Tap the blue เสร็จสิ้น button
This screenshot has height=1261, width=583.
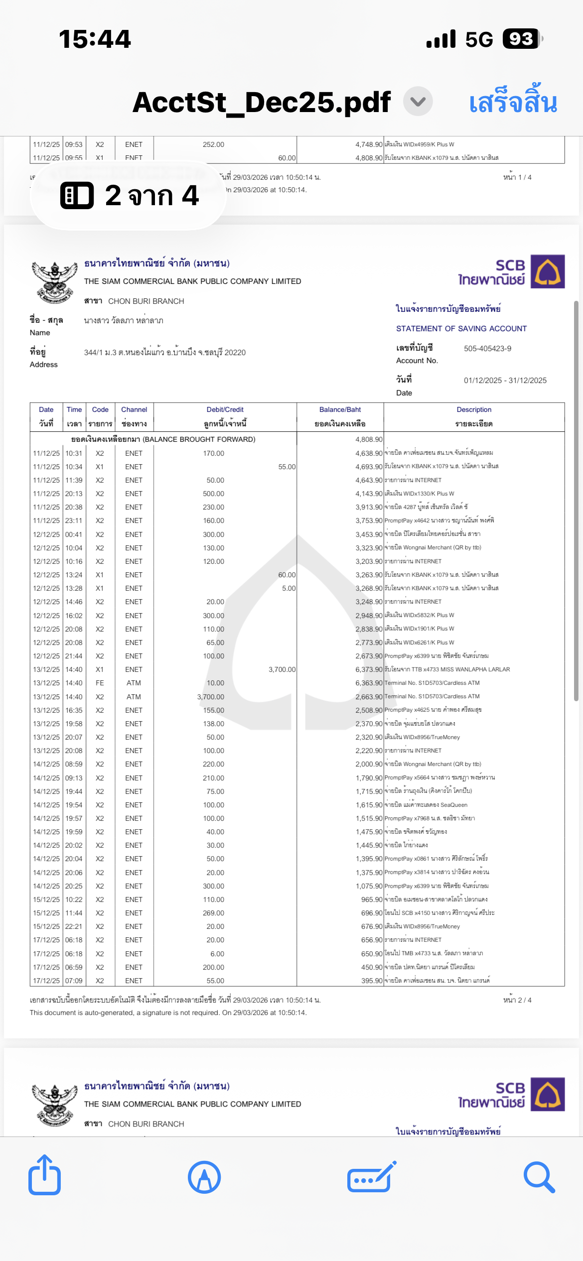click(x=513, y=102)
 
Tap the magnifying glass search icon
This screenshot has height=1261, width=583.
click(x=539, y=1177)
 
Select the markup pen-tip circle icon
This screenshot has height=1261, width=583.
click(x=204, y=1177)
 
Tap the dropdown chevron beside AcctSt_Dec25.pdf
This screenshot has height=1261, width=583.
click(x=418, y=102)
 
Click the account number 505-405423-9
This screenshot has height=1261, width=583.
click(x=487, y=349)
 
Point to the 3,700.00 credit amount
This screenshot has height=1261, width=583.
click(x=282, y=669)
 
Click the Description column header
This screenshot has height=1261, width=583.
click(x=474, y=410)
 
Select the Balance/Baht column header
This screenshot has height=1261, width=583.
click(x=340, y=410)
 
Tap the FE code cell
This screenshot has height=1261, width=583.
click(x=100, y=683)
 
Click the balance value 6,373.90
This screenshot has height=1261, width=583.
click(x=369, y=669)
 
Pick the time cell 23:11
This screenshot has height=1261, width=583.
click(x=74, y=520)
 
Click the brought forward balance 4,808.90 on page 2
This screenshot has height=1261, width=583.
click(x=369, y=439)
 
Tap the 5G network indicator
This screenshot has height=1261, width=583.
click(x=479, y=39)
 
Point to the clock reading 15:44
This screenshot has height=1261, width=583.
click(x=95, y=39)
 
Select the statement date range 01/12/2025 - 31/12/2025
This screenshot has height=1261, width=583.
click(x=505, y=380)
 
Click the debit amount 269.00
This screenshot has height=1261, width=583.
click(x=213, y=913)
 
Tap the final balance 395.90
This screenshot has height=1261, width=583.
click(x=372, y=981)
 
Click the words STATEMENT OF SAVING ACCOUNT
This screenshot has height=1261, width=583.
click(x=461, y=329)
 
